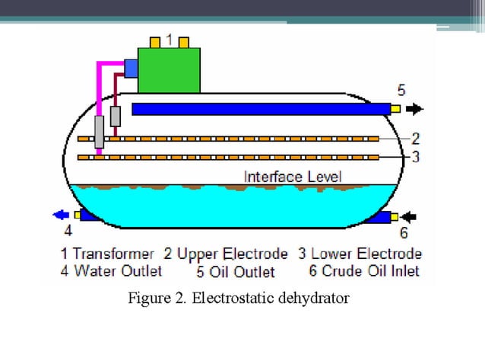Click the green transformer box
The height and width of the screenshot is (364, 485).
coord(168,70)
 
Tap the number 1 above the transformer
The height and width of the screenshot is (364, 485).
coord(169,39)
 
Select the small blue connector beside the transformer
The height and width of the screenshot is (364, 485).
coord(130,69)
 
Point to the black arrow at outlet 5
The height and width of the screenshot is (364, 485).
coord(414,109)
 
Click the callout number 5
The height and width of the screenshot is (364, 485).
coord(401,88)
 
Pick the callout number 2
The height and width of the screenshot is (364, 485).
coord(415,139)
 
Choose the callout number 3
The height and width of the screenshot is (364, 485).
coord(415,157)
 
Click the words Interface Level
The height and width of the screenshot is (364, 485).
coord(293,177)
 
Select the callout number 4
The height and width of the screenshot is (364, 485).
coord(68,231)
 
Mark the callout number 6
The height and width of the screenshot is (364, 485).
coord(404,233)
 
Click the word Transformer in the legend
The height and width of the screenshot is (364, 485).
coord(113,254)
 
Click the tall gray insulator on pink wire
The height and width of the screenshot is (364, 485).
coord(99,132)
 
